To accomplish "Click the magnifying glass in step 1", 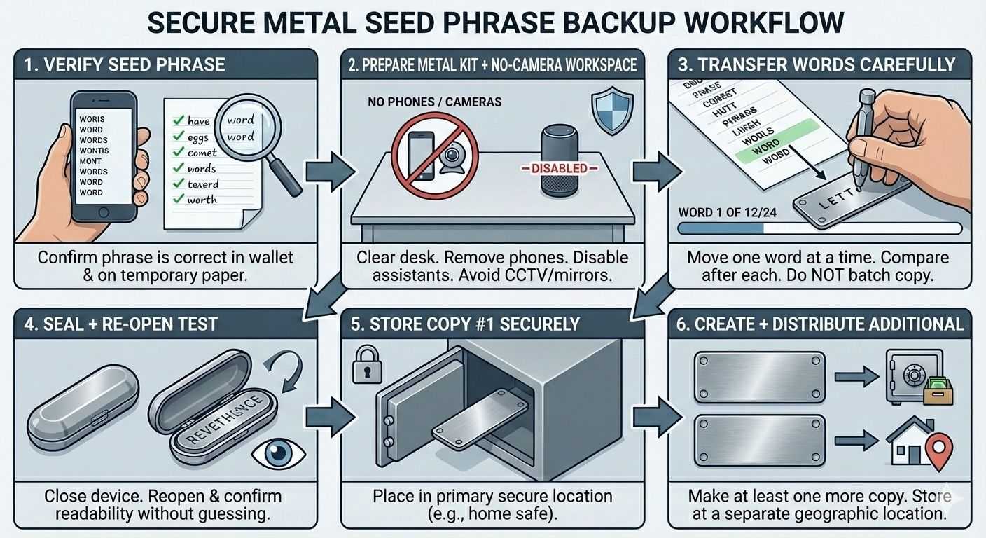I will click(x=247, y=127).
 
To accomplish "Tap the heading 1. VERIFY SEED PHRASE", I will click(x=125, y=65).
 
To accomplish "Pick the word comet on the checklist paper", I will click(x=202, y=153).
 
